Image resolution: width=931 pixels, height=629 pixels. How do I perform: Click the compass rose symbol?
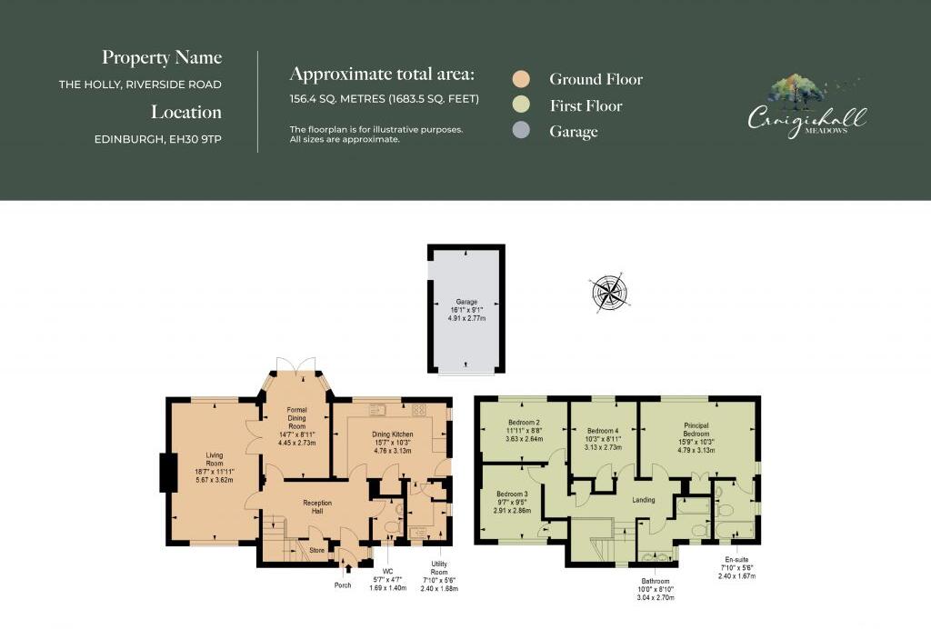click(609, 293)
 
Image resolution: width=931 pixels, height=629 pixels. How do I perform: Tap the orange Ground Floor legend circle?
click(521, 79)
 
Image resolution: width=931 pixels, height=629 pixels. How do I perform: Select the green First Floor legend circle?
click(521, 105)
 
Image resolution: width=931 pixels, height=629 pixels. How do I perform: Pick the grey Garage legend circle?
click(521, 132)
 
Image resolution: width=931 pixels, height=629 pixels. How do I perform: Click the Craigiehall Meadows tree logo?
click(796, 91)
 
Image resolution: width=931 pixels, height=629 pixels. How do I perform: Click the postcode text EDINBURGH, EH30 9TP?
click(158, 139)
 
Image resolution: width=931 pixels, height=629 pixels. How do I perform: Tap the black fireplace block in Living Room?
click(167, 472)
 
